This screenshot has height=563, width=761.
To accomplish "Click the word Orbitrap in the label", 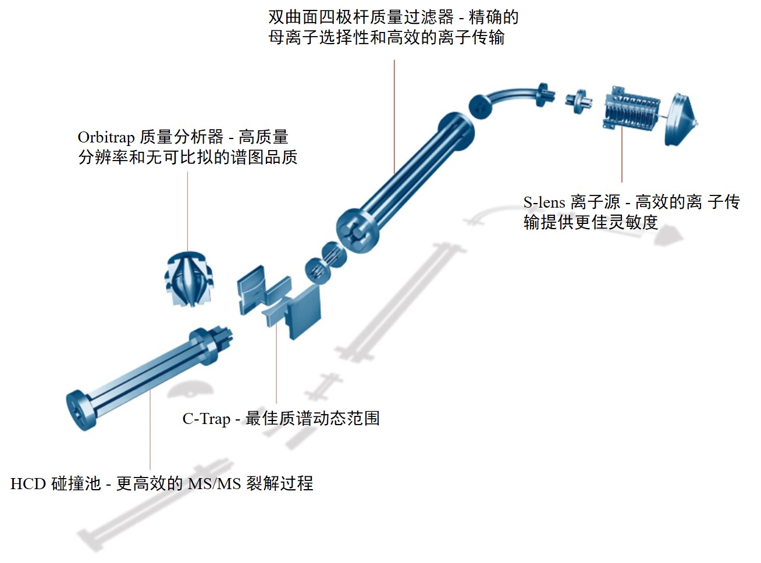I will (106, 137).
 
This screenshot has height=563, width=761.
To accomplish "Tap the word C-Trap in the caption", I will (206, 419).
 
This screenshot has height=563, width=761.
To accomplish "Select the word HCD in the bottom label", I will (27, 484).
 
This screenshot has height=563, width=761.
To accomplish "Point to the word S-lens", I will (544, 202).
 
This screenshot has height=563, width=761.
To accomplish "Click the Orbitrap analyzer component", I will (189, 279).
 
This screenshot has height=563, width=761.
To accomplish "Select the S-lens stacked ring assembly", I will (631, 111).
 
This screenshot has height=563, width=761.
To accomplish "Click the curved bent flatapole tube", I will (512, 94).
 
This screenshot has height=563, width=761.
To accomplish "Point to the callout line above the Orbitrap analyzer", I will (187, 209).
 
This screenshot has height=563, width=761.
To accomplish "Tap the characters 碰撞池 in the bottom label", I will (76, 484).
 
